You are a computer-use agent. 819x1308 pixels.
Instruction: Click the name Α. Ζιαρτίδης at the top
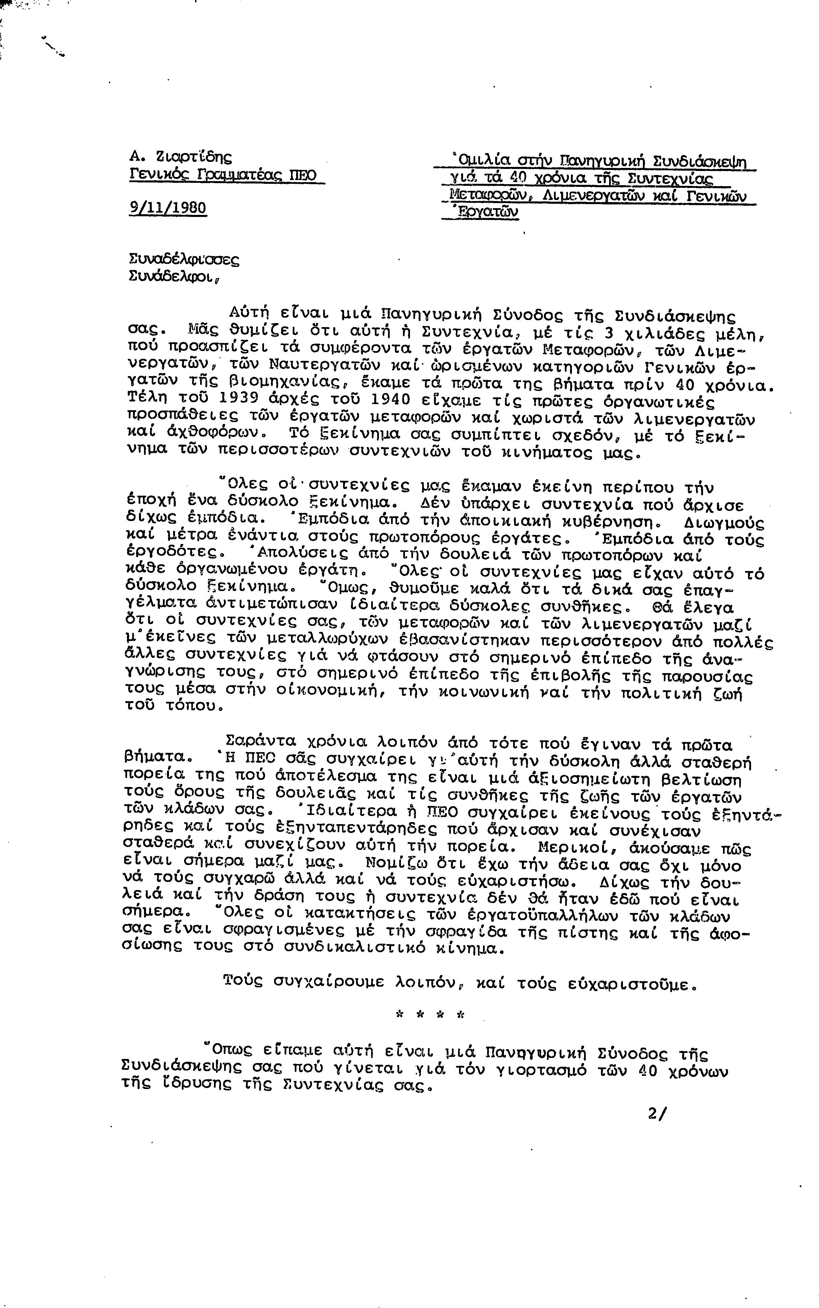click(180, 157)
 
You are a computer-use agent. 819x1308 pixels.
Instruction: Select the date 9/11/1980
click(168, 208)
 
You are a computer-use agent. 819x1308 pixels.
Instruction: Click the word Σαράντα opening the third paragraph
click(261, 741)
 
